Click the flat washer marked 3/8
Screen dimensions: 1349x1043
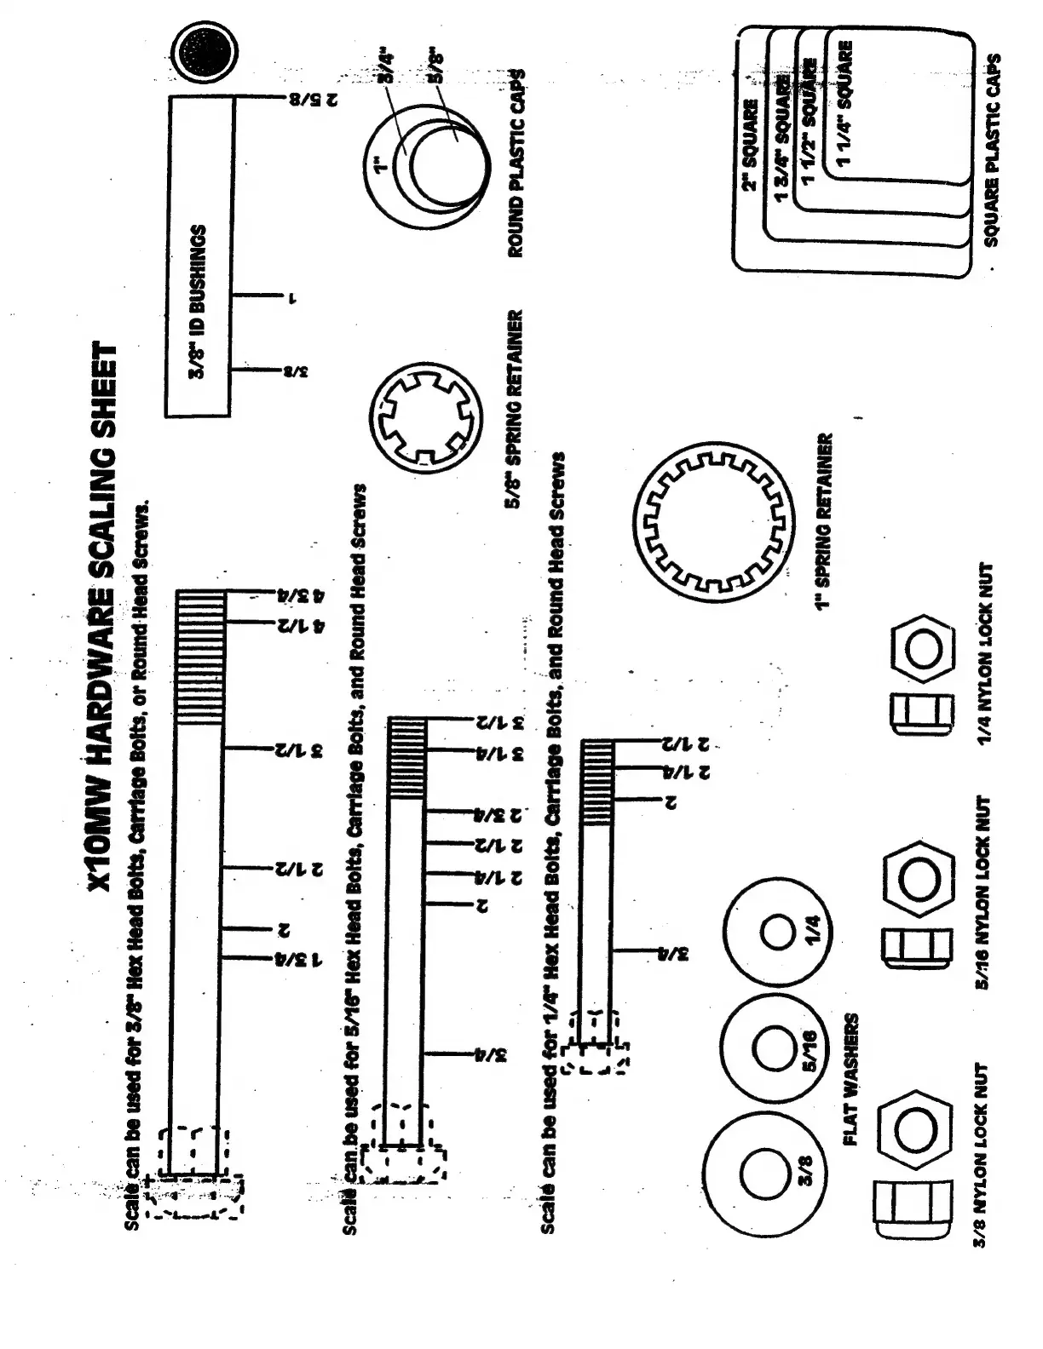coord(758,1173)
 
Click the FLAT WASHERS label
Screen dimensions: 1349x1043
coord(852,1080)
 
